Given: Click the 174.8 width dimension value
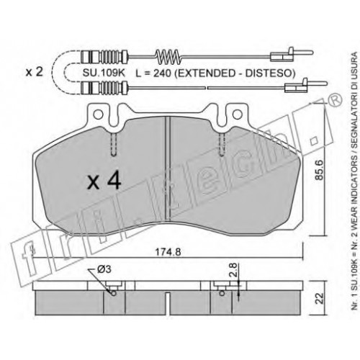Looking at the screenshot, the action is coord(168,252).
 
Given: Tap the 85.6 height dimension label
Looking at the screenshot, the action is coord(320,170).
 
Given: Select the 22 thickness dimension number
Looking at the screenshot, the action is coord(320,299).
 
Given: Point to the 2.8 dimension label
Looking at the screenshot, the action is coord(234,271).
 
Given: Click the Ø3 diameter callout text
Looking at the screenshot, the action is coord(104,269).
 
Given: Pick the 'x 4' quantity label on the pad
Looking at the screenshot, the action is coord(104,181).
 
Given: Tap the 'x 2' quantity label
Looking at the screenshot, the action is coord(35,72).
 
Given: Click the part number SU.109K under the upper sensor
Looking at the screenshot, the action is coord(104,73).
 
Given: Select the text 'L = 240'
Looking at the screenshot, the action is coord(153,73).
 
